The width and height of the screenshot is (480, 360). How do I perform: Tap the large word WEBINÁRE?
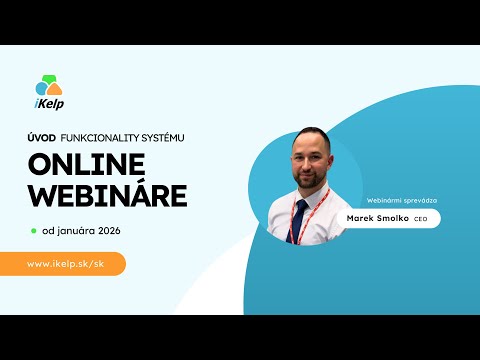click(x=108, y=195)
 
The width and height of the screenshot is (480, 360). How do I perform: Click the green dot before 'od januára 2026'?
click(x=34, y=229)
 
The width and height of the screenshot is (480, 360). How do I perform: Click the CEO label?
click(x=421, y=219)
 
